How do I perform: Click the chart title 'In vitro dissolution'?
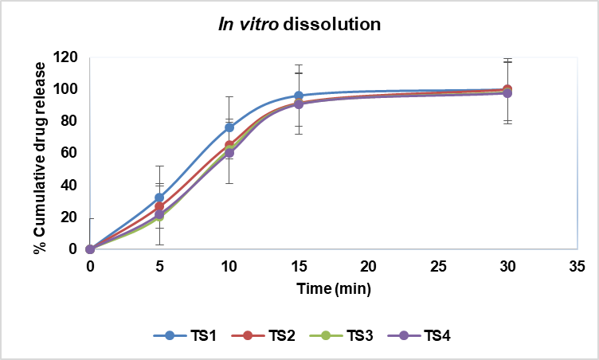pyautogui.click(x=299, y=25)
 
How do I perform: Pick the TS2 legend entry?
pyautogui.click(x=263, y=337)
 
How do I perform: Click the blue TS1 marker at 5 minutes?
pyautogui.click(x=159, y=198)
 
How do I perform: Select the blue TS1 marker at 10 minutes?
pyautogui.click(x=229, y=127)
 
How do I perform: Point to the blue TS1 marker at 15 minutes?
pyautogui.click(x=299, y=96)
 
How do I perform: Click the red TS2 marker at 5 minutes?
pyautogui.click(x=159, y=206)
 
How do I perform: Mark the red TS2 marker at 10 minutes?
pyautogui.click(x=229, y=145)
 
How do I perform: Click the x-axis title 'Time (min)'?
pyautogui.click(x=333, y=285)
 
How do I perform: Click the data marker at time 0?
pyautogui.click(x=90, y=249)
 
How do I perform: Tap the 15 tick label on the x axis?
pyautogui.click(x=299, y=265)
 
